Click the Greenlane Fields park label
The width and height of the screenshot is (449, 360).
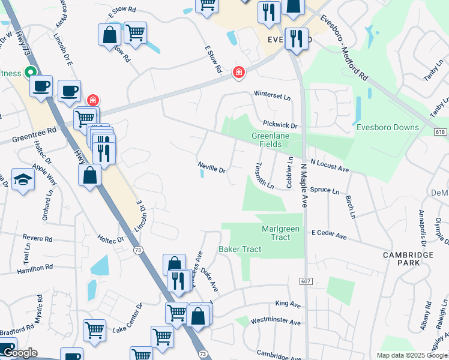click(276, 140)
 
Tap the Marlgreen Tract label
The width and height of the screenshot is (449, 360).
click(276, 233)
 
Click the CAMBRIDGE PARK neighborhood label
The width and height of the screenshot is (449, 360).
click(408, 259)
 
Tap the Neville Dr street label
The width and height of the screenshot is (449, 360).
click(211, 167)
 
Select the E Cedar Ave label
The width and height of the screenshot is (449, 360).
click(329, 235)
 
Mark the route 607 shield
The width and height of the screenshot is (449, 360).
click(306, 281)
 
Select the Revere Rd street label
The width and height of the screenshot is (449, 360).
click(38, 239)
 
